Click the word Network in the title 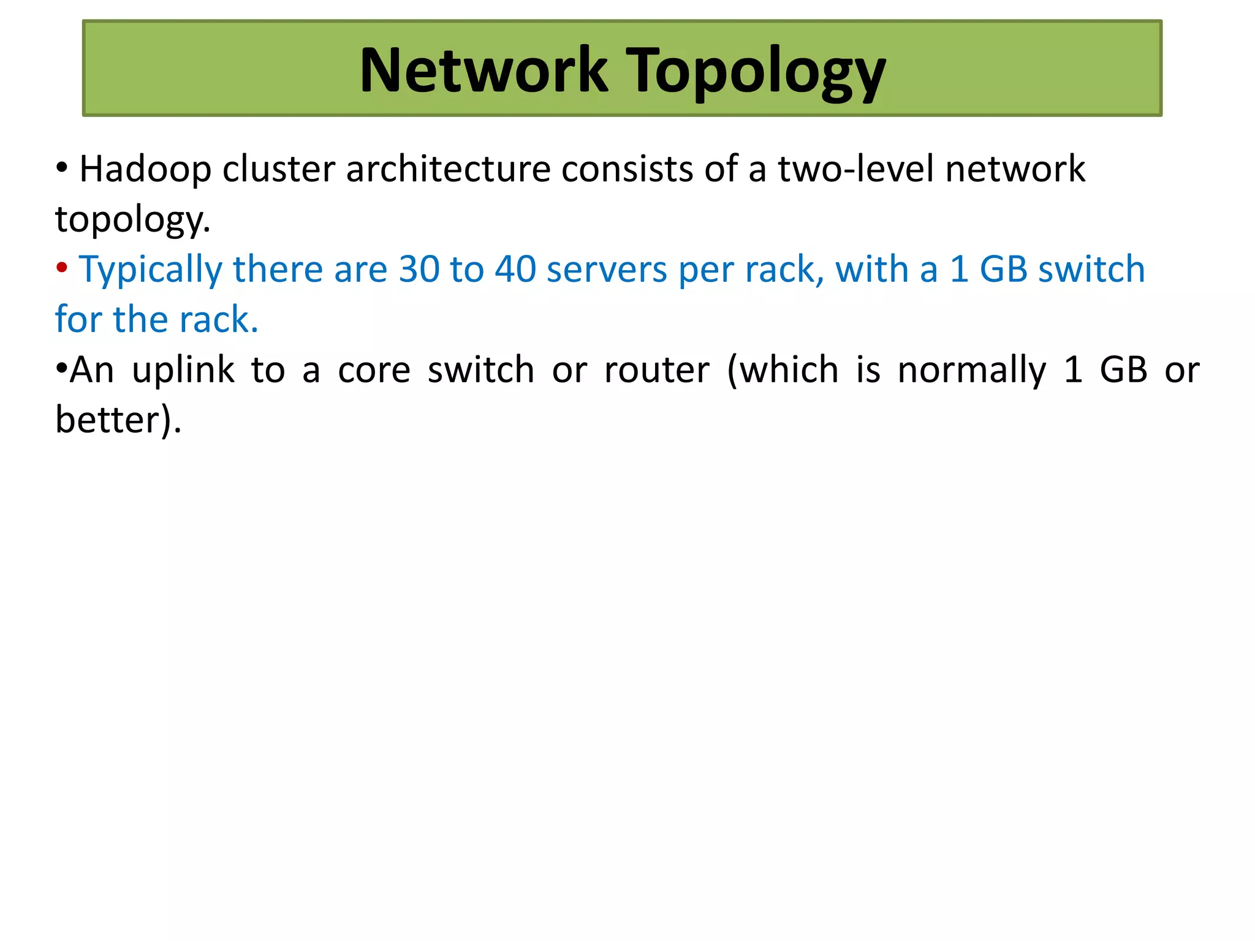483,70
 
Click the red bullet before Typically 61,268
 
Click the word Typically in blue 151,270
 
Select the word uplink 183,370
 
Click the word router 656,370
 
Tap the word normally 972,370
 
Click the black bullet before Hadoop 61,167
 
